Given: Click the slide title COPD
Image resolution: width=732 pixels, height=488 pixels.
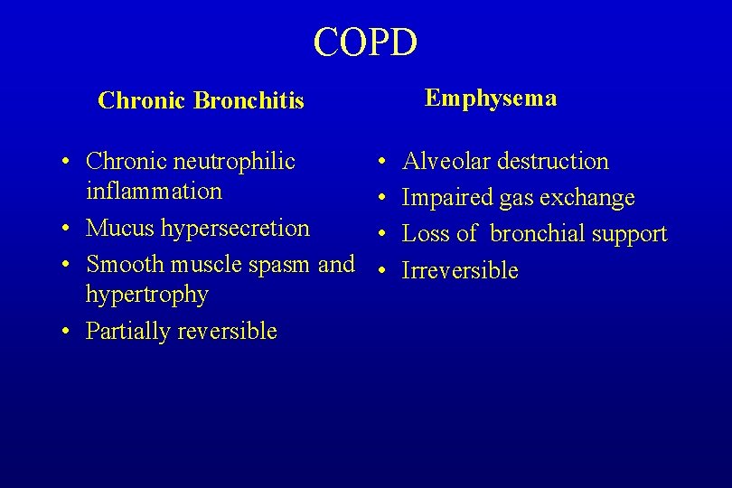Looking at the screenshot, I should point(365,42).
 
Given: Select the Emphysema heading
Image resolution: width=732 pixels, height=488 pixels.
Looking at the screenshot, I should point(491,99).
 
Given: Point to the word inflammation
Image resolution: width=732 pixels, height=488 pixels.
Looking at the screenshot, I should point(154,192).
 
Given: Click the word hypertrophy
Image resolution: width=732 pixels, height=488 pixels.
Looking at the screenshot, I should point(147,295).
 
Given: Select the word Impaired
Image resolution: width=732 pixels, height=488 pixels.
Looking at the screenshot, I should point(445,198).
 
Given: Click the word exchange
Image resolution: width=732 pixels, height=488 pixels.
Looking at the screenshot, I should point(587,198).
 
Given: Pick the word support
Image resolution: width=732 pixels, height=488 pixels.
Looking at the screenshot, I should point(633,234).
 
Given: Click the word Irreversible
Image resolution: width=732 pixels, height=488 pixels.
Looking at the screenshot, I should point(460,270).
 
